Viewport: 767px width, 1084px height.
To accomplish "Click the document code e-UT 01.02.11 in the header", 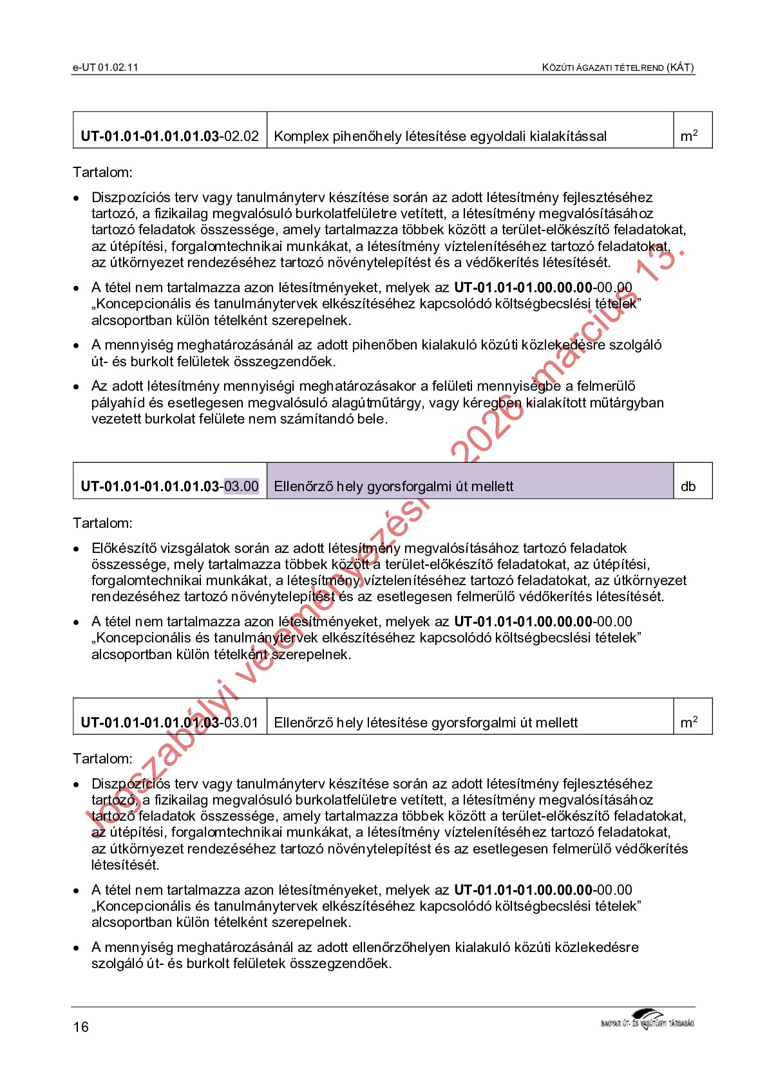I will [x=106, y=68].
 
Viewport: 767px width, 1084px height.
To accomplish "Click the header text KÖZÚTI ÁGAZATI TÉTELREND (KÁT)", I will [x=618, y=68].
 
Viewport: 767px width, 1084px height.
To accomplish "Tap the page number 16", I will [x=80, y=1027].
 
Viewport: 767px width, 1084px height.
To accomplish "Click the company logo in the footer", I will [x=647, y=1020].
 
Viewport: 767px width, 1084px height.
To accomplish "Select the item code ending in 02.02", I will [x=169, y=136].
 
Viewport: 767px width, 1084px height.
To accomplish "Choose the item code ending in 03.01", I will [x=169, y=723].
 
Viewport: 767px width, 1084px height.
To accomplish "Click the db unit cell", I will [x=688, y=487].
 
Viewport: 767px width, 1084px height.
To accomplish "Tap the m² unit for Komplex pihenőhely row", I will [x=688, y=136].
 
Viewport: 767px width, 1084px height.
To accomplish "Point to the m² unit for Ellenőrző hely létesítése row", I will [x=688, y=723].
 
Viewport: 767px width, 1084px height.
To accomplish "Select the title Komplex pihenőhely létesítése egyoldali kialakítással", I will [x=440, y=136].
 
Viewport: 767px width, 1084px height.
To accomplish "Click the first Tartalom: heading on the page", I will [x=102, y=173].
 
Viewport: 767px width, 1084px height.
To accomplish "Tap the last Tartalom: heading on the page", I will [x=102, y=759].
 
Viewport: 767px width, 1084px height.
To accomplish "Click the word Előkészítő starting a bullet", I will [x=123, y=548].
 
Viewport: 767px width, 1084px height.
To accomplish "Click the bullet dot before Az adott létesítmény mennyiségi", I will [x=77, y=387].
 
